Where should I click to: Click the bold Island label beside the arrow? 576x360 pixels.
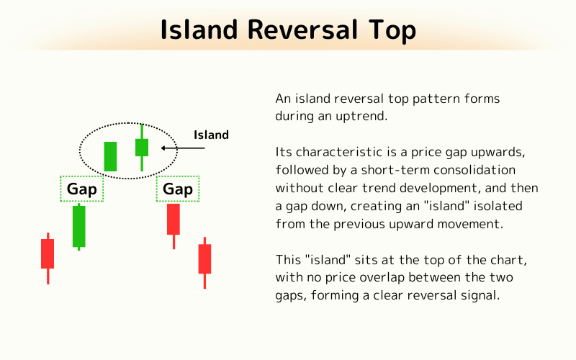(211, 135)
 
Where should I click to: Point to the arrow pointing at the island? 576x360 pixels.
(183, 148)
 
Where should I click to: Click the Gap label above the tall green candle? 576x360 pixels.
(82, 189)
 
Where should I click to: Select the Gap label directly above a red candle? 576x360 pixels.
(178, 189)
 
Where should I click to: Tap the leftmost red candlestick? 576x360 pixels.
(48, 253)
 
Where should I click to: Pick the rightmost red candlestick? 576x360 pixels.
(204, 258)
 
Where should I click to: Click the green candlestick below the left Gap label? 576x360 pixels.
(78, 226)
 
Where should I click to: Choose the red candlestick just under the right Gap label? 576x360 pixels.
(174, 219)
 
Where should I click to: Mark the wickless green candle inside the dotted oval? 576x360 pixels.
(110, 156)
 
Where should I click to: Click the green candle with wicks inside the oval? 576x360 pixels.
(142, 148)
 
